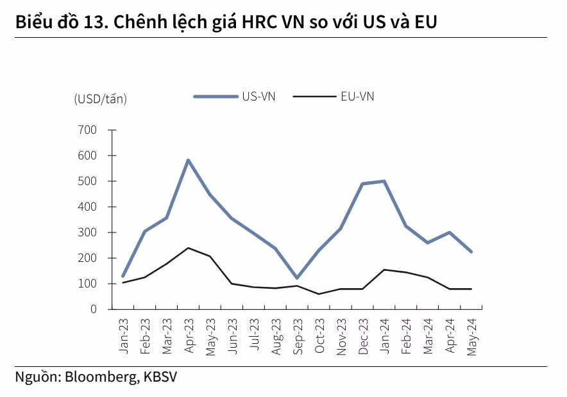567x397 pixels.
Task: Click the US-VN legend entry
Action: (235, 97)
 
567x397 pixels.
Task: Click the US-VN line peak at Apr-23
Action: (188, 160)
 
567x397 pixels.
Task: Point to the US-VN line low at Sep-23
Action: (297, 278)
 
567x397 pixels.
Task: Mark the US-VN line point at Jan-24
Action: (385, 181)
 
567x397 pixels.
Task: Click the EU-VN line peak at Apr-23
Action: (188, 248)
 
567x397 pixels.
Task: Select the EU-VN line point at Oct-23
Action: (319, 294)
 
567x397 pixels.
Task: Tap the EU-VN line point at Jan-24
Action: (385, 270)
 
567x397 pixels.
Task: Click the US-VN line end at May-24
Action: (472, 252)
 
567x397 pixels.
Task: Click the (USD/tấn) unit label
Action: (101, 99)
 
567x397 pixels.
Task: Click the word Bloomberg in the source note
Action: (99, 377)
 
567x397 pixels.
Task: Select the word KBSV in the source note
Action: (157, 377)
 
